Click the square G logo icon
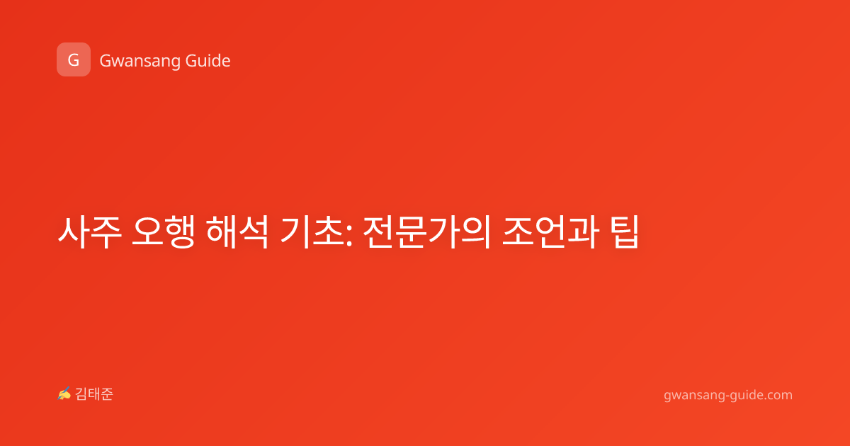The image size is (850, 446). [74, 59]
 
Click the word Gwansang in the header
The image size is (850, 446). [140, 62]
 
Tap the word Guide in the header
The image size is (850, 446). [208, 60]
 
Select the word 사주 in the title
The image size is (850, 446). [89, 231]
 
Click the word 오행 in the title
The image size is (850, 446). [164, 231]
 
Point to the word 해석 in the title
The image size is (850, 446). [237, 231]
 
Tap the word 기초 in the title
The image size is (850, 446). [312, 231]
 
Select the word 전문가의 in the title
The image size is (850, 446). [427, 231]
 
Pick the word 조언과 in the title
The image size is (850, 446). [551, 231]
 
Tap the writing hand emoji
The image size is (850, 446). [64, 394]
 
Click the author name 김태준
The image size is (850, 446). [94, 394]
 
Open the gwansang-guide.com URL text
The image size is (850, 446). [728, 395]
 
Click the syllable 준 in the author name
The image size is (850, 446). [107, 394]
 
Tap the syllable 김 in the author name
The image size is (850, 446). [81, 394]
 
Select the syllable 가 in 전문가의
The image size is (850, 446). [443, 231]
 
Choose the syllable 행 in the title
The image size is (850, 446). [180, 231]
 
